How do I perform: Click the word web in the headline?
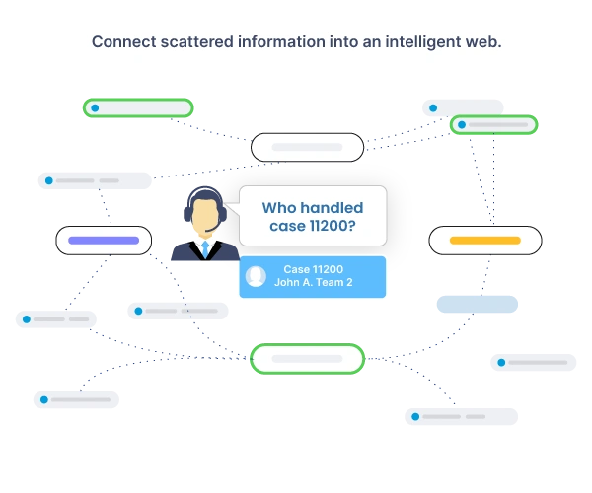pos(481,42)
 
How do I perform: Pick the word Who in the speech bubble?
pos(281,208)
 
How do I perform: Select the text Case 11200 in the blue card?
pos(313,269)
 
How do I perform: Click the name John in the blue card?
pos(288,283)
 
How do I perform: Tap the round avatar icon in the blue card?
pos(256,276)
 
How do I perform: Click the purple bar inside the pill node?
pos(104,240)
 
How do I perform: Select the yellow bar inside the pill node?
pos(484,240)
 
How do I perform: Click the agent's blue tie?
pos(205,250)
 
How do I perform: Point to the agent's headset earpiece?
pos(223,213)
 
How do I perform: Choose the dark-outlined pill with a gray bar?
pos(307,148)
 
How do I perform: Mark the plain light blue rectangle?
pos(477,304)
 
